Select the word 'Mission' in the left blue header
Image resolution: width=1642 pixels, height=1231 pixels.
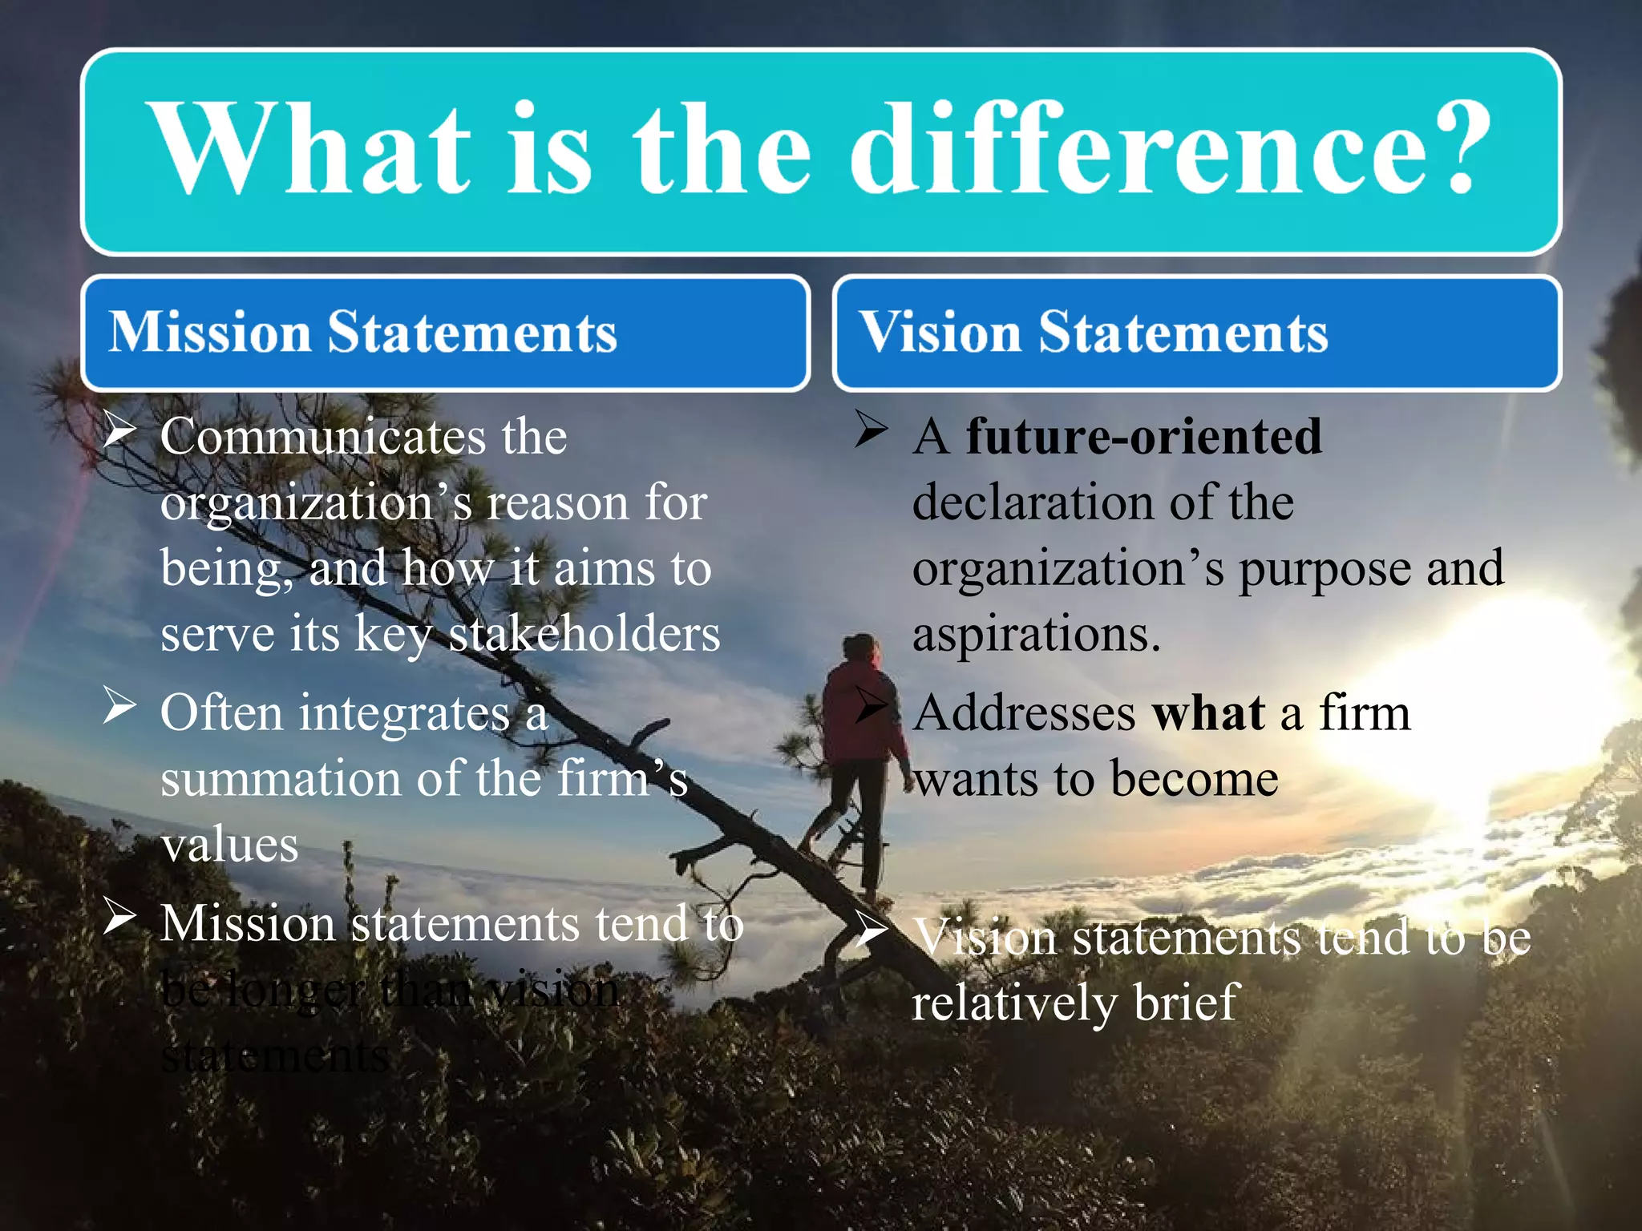(210, 332)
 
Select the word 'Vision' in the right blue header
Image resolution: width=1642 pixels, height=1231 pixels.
(940, 332)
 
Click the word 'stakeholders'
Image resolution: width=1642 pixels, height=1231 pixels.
(584, 634)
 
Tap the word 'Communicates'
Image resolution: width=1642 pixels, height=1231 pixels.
(323, 438)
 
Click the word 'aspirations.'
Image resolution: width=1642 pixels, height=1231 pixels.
(1036, 634)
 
